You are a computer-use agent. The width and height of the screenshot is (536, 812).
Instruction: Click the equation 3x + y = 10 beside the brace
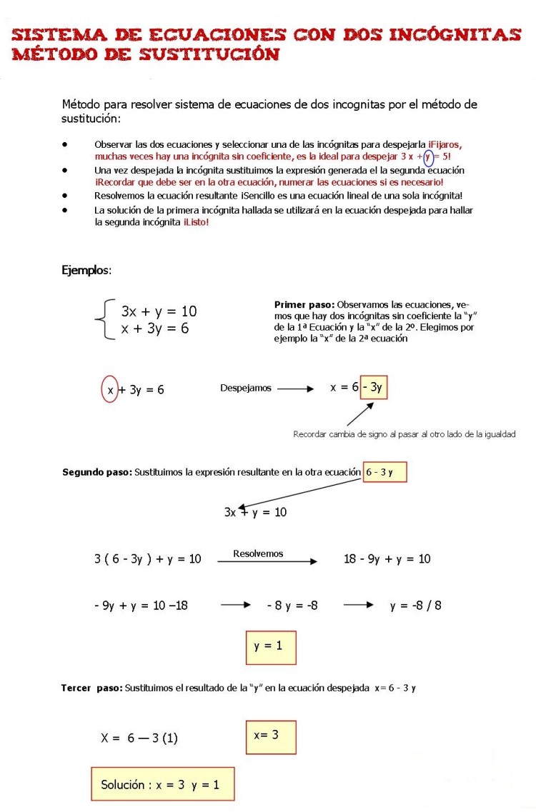[x=159, y=311]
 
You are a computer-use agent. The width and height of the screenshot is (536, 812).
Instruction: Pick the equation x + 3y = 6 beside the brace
[x=155, y=329]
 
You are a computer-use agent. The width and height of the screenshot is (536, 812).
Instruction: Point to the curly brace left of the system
[x=104, y=320]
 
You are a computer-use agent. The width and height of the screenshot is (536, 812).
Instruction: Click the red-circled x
[x=110, y=389]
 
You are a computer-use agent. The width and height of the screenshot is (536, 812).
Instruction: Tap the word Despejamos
[x=246, y=389]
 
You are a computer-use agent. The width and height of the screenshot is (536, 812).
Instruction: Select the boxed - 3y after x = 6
[x=374, y=388]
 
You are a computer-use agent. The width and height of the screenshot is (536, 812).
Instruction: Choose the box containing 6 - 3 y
[x=384, y=472]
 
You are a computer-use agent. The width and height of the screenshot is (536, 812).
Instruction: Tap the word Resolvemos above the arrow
[x=258, y=553]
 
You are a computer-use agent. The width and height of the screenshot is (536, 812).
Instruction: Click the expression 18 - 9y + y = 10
[x=387, y=558]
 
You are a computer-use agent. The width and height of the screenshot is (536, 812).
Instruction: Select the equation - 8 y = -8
[x=292, y=605]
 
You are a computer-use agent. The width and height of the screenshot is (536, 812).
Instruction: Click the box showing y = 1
[x=270, y=646]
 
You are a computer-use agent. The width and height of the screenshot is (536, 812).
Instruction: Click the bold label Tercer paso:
[x=91, y=688]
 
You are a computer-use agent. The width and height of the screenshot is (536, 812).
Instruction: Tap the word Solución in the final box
[x=122, y=785]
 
